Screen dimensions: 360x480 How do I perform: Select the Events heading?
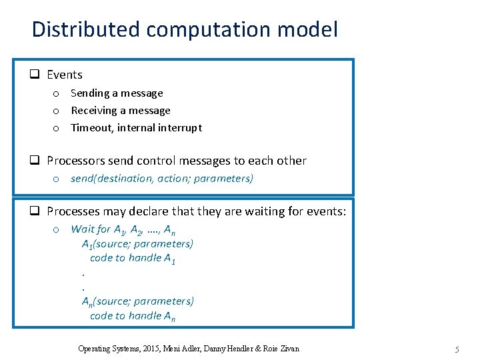click(65, 75)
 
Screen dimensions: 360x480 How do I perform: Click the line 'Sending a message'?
click(117, 93)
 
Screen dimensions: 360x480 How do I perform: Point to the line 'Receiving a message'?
click(121, 110)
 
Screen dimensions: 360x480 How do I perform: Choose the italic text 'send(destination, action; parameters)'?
click(162, 179)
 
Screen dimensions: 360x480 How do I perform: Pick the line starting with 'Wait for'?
click(123, 229)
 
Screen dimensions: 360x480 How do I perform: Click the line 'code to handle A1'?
click(133, 259)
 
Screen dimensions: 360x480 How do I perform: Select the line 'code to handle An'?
click(133, 316)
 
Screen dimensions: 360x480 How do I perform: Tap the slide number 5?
click(457, 349)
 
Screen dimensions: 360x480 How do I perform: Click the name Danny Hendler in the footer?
click(225, 349)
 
